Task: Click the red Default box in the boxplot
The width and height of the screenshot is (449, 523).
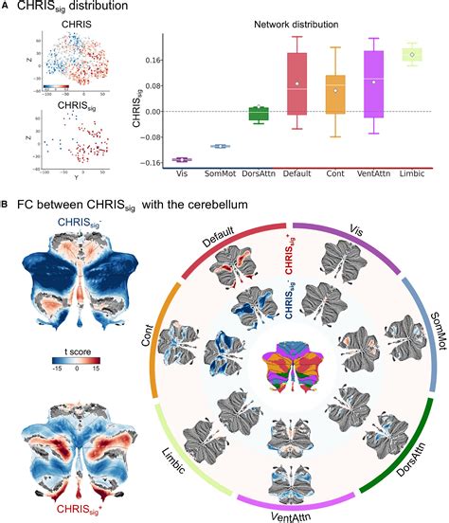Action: coord(296,83)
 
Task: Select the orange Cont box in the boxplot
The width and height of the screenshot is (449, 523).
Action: coord(334,94)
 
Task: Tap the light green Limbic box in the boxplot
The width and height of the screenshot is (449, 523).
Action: coord(411,55)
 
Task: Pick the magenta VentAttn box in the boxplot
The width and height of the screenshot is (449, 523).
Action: coord(373,84)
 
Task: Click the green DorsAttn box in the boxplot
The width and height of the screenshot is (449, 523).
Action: coord(258,114)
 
